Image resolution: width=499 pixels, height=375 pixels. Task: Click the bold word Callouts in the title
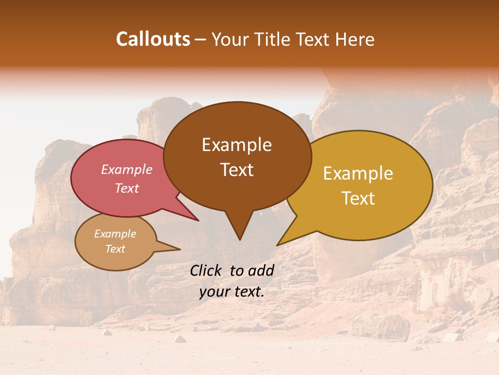pos(153,39)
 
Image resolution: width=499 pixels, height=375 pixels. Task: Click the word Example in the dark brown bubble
pos(237,145)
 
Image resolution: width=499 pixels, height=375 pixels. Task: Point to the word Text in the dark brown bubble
pos(237,170)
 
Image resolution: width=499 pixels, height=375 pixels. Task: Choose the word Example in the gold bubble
pos(358,173)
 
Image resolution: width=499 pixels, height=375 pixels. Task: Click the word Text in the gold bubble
pos(358,198)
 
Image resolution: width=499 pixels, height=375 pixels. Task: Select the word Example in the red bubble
pos(126,169)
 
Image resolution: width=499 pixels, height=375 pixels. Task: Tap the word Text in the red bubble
pos(126,188)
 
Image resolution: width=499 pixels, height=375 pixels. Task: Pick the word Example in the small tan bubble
pos(115,234)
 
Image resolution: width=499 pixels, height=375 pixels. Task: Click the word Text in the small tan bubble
pos(115,249)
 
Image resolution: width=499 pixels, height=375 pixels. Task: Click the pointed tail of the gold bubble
pos(279,244)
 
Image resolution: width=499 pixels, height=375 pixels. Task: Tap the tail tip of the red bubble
pos(198,220)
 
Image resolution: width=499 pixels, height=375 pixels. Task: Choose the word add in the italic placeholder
pos(261,270)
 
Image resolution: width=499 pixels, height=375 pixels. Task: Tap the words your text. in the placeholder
pos(231,292)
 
